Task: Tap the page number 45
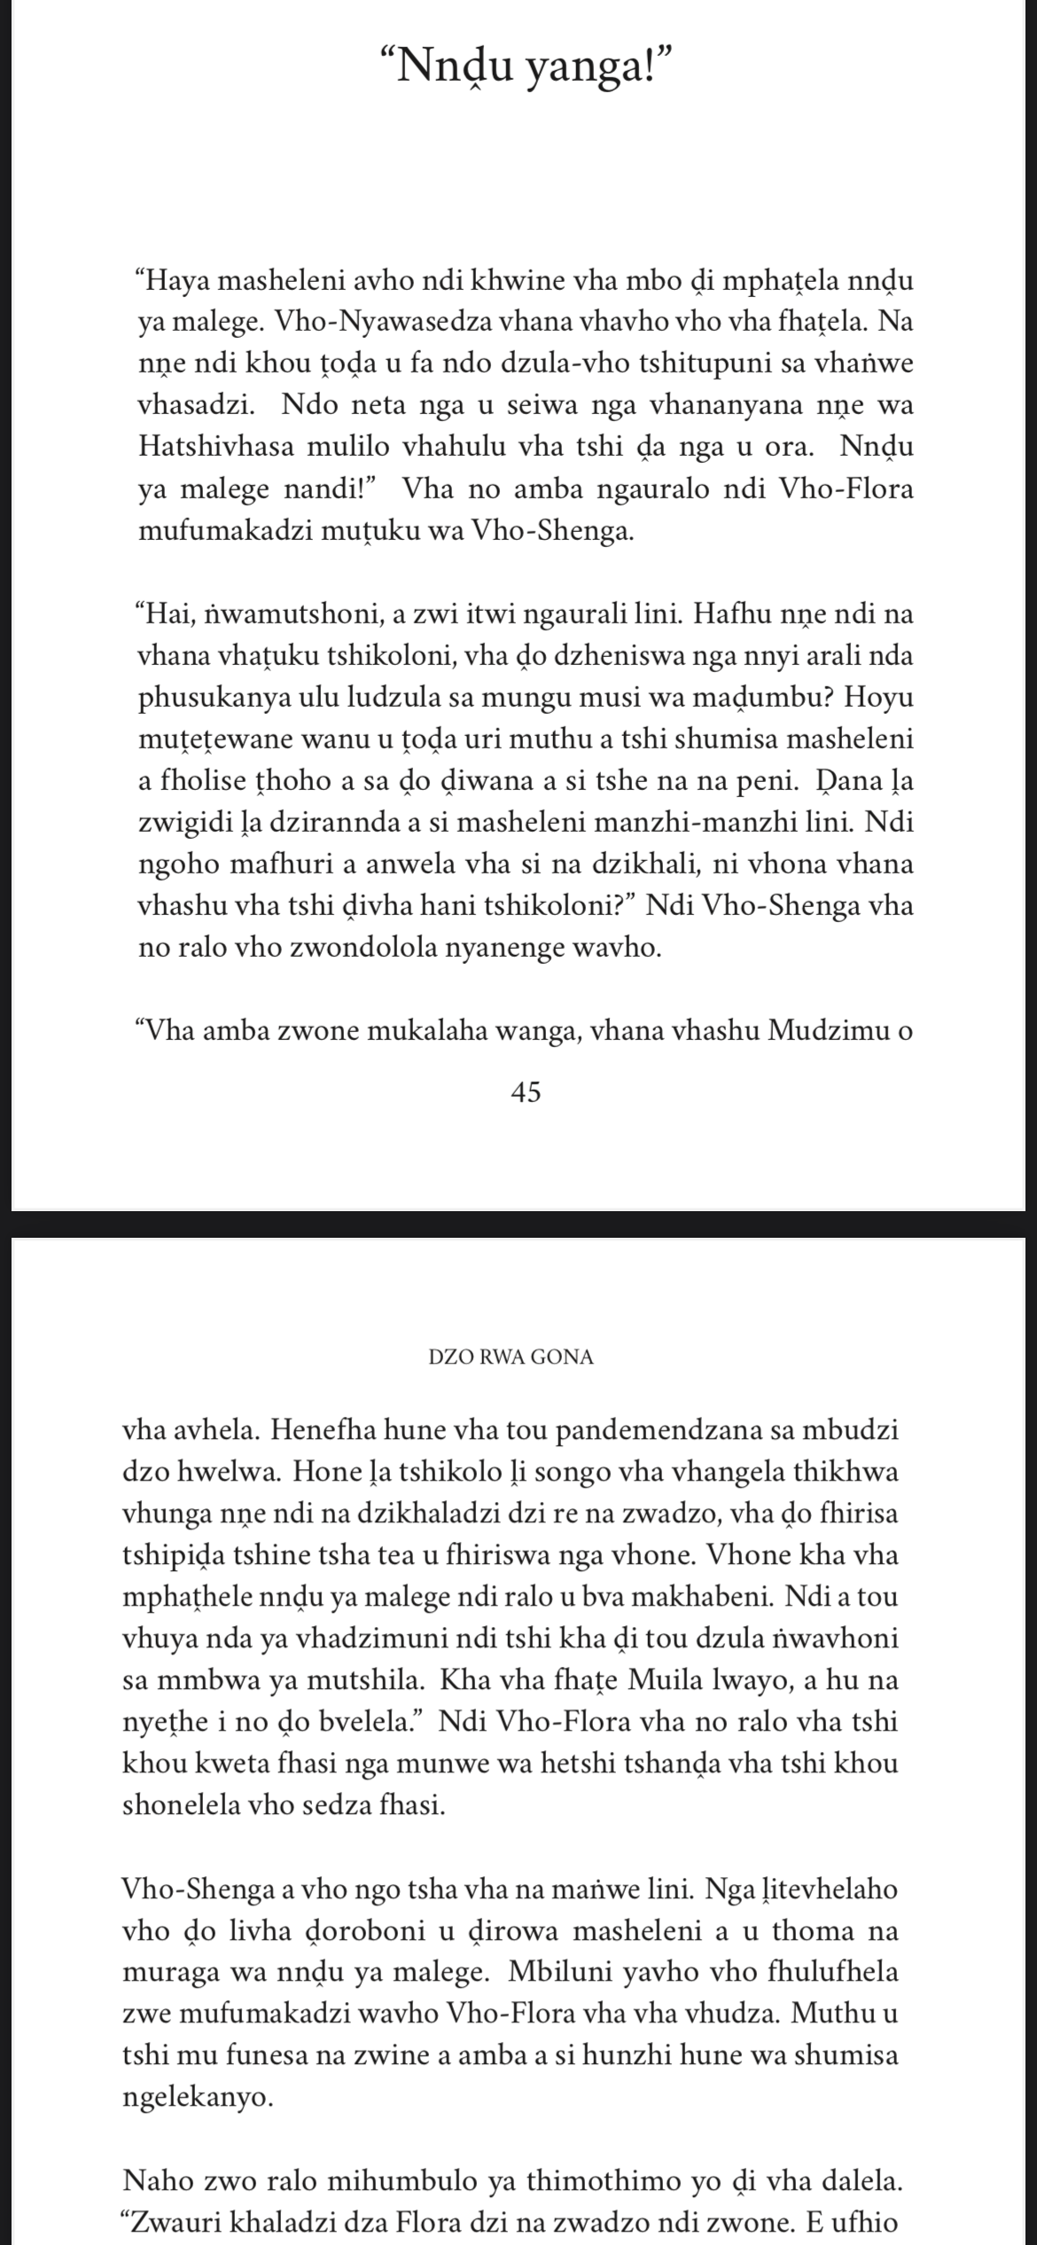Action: (526, 1093)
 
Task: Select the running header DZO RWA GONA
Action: (511, 1357)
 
